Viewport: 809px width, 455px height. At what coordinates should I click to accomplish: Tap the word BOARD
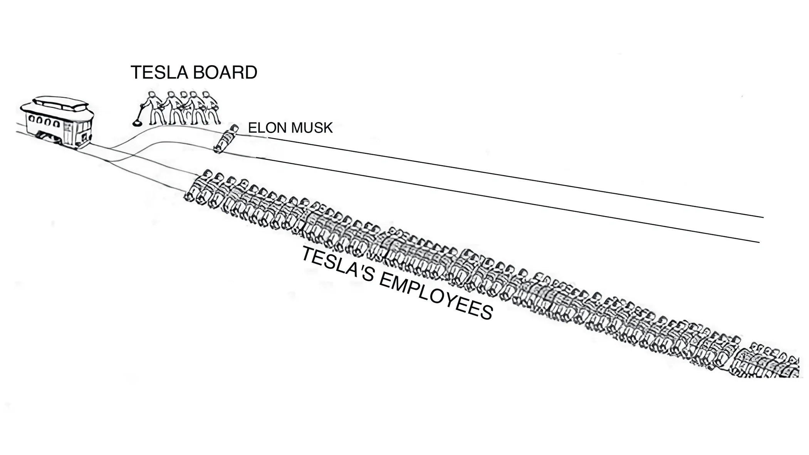[225, 72]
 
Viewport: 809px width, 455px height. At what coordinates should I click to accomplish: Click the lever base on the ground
[136, 124]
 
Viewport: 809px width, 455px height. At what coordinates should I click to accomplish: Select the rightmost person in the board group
[211, 107]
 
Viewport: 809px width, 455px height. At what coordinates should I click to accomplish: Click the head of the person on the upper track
[234, 128]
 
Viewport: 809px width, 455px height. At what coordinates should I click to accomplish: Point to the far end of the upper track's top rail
[764, 218]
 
